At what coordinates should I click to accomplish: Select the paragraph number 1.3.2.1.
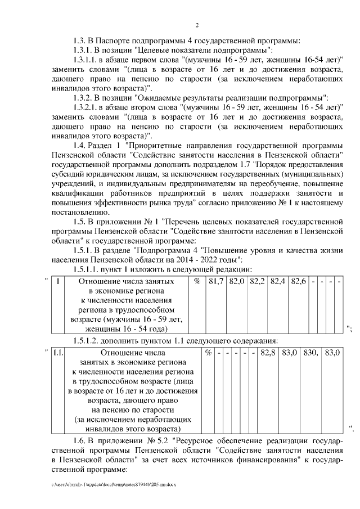pos(87,106)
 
